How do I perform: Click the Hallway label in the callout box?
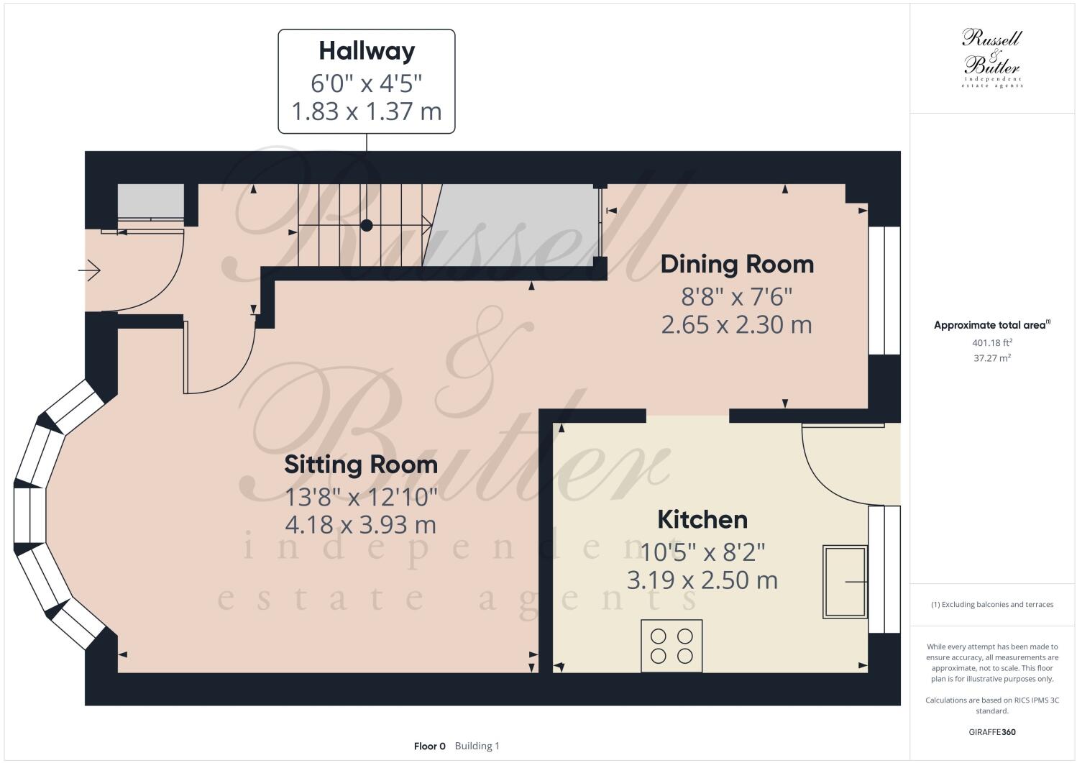(367, 51)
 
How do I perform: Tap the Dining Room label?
(737, 264)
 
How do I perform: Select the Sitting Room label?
(361, 465)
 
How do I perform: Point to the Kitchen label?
(702, 519)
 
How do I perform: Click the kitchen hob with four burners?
(672, 646)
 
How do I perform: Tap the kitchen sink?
(845, 581)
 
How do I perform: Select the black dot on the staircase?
(367, 225)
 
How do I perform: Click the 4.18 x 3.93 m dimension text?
(361, 525)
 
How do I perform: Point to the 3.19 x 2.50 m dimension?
(702, 580)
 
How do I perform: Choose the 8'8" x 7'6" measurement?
(737, 296)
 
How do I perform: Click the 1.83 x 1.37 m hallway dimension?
(367, 111)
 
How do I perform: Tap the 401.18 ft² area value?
(992, 343)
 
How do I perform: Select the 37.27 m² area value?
(992, 357)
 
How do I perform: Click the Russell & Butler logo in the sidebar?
(992, 58)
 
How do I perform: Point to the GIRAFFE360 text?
(992, 733)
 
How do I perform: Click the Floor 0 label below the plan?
(430, 746)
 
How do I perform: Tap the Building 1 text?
(477, 746)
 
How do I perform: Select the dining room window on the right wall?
(884, 291)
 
